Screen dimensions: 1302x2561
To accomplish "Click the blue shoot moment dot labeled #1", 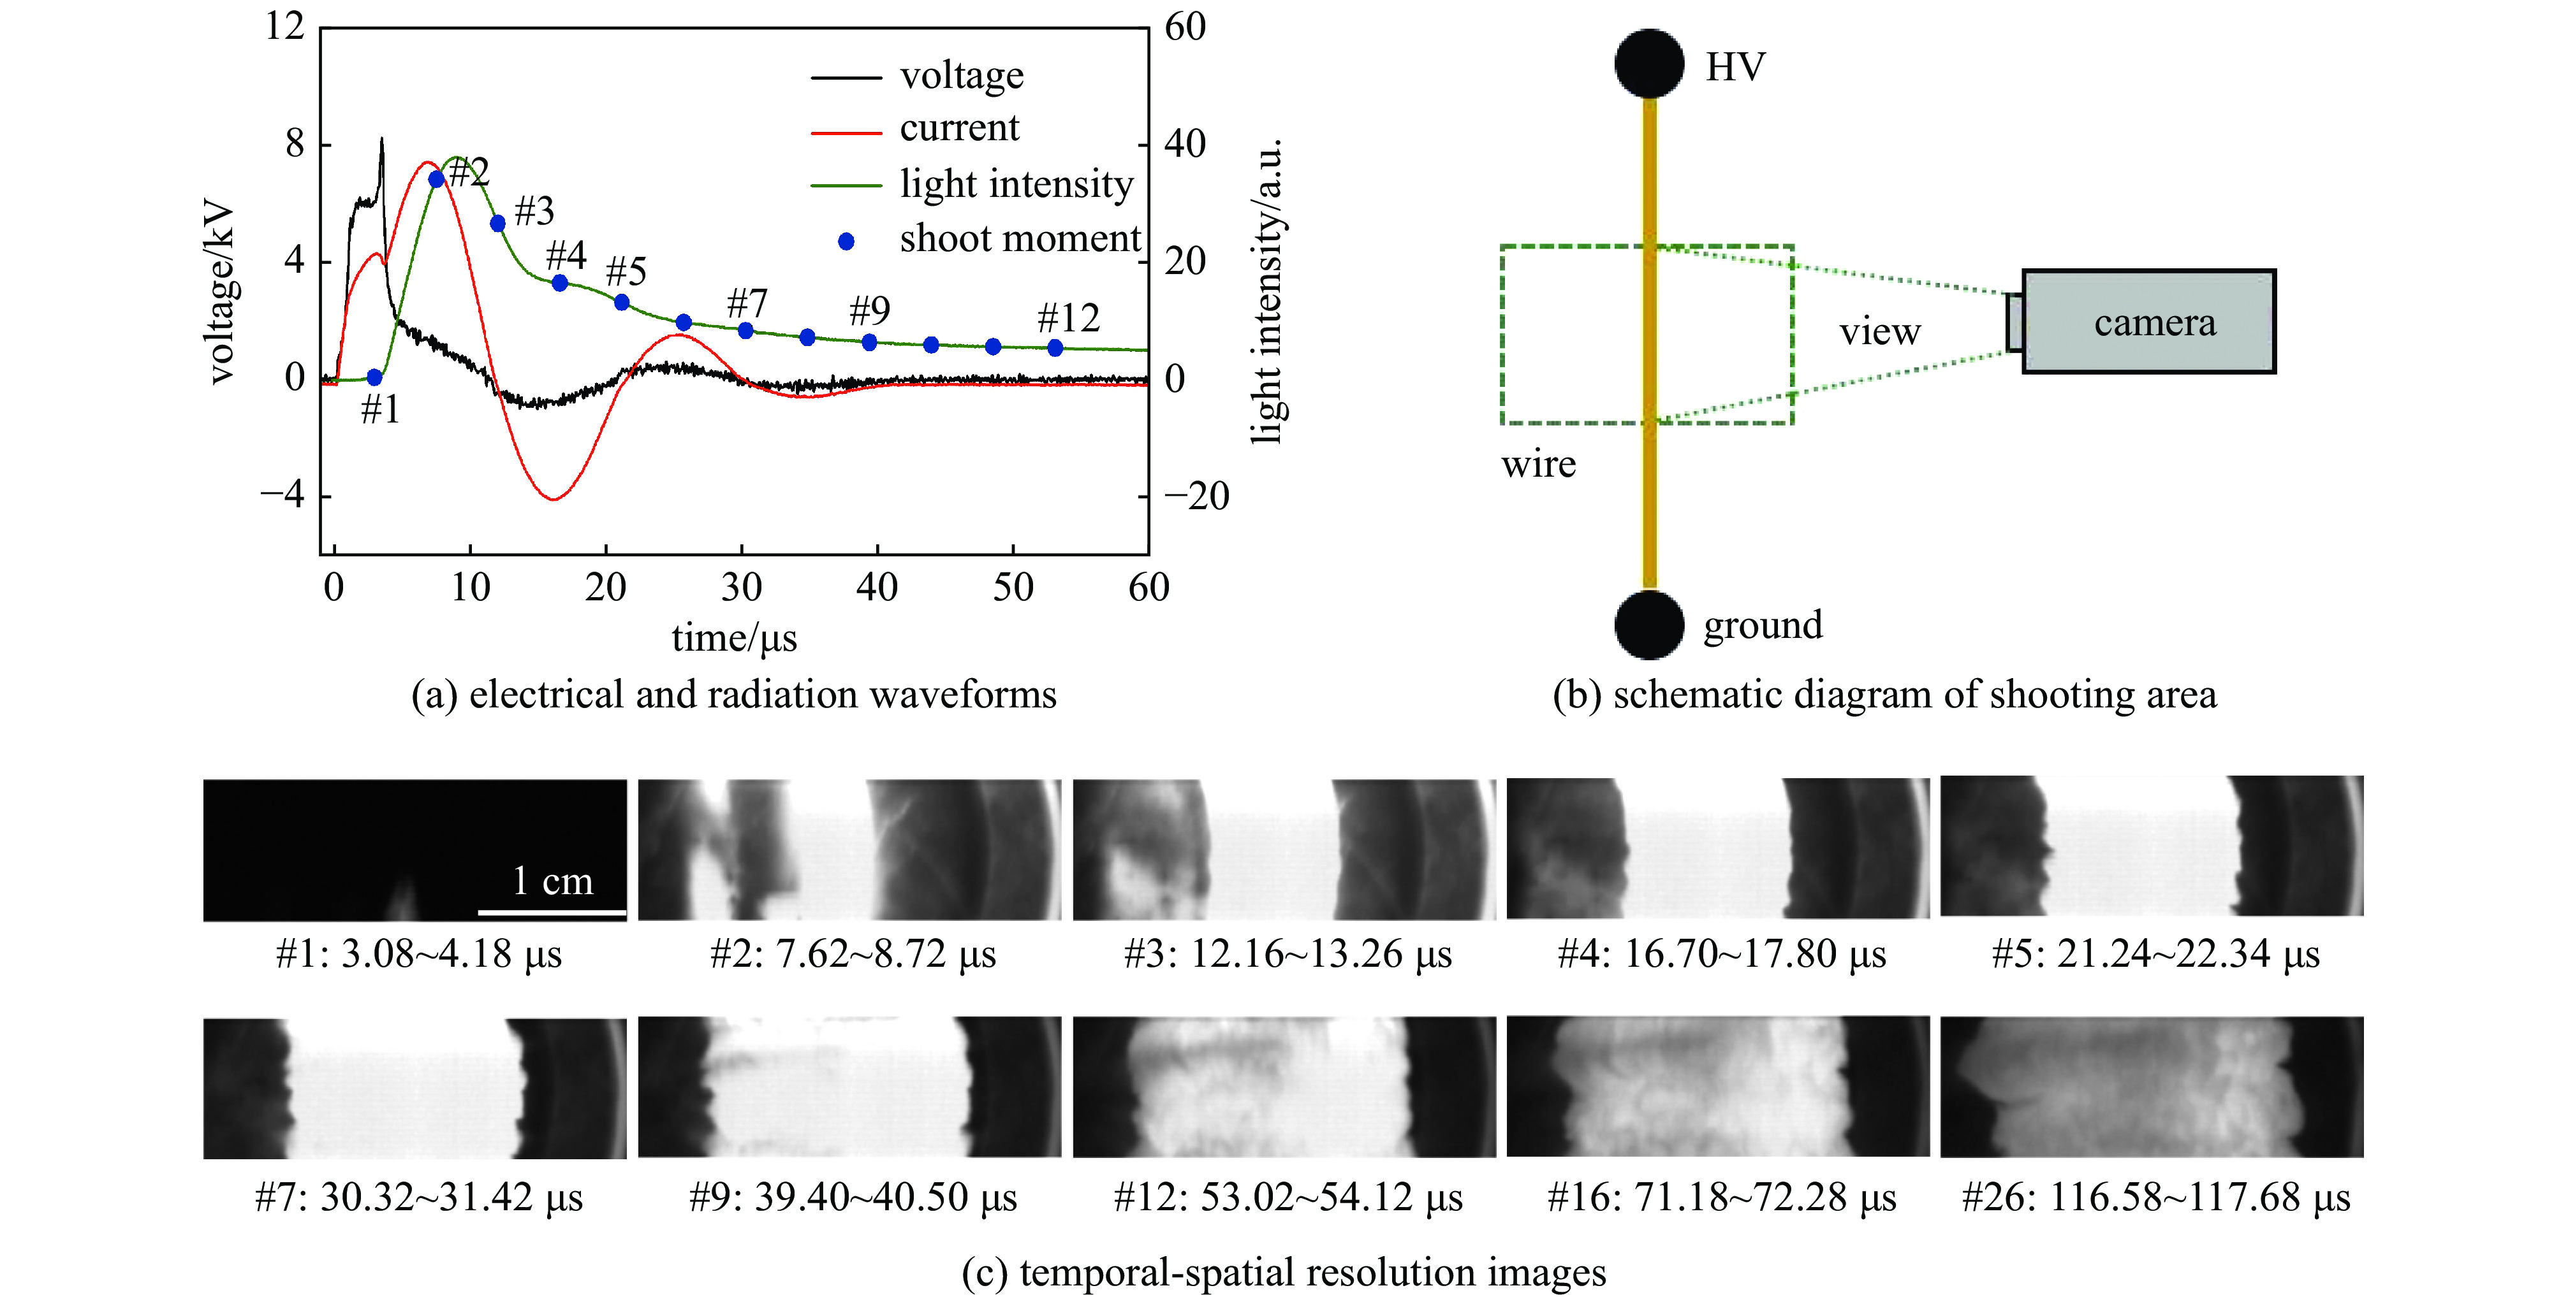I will click(374, 378).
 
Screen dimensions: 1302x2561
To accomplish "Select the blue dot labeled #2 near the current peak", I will click(436, 179).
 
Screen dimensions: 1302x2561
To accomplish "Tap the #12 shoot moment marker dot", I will click(1055, 348).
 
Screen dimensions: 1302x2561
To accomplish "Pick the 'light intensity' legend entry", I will click(1015, 185).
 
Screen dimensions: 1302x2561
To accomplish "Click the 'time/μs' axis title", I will click(734, 638).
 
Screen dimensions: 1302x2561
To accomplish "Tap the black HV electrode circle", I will click(1649, 64).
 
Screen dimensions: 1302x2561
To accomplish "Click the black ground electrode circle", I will click(1649, 624).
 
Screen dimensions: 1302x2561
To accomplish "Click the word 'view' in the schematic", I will click(1879, 332).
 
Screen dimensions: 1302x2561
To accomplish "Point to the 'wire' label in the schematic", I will click(1538, 464).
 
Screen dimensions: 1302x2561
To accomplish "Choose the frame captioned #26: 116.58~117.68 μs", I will click(2152, 1087).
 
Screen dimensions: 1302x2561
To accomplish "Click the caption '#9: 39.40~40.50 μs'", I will click(853, 1197).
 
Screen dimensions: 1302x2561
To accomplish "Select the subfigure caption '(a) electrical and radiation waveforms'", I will click(734, 695).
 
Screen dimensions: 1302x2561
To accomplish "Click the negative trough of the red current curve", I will click(554, 497).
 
